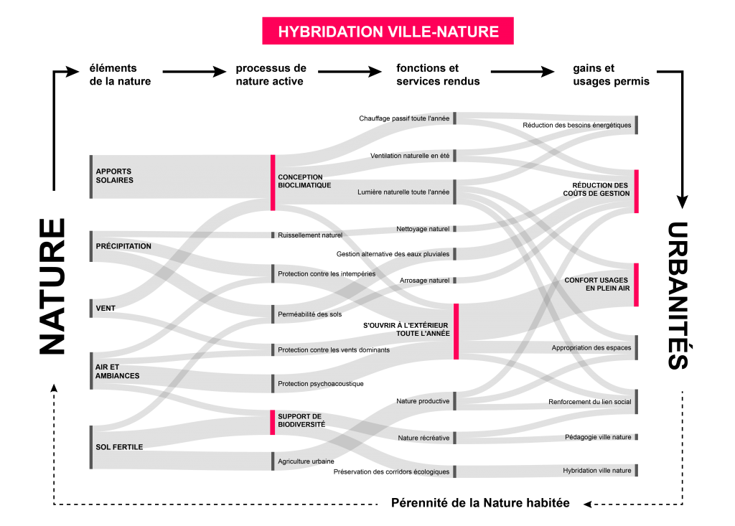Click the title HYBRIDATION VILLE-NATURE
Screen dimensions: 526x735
(388, 32)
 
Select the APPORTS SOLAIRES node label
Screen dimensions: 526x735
(115, 176)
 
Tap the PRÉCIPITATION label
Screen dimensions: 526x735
(123, 246)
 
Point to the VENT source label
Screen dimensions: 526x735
(106, 309)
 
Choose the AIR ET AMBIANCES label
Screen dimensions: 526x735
(117, 371)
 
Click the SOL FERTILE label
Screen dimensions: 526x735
(119, 447)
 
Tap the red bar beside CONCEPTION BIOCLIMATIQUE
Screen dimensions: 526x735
(273, 182)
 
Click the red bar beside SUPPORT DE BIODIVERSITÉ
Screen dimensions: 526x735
(273, 423)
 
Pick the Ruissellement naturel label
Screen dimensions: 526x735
(310, 235)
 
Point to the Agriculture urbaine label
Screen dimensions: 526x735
(304, 461)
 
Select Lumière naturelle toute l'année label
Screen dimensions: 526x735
(403, 192)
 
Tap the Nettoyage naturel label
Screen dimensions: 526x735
(423, 229)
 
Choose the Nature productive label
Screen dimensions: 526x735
(423, 401)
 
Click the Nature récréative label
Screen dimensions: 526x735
(423, 438)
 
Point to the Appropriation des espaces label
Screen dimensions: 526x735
(591, 348)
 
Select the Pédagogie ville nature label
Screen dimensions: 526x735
(598, 437)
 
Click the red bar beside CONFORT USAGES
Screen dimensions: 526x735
(636, 284)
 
